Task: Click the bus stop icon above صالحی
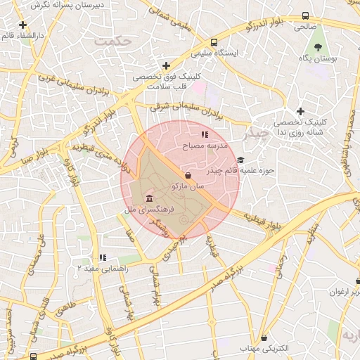coord(304,15)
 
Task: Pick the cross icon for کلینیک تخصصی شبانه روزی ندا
coord(300,111)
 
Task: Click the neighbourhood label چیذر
coord(254,131)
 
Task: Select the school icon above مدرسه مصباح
coord(205,134)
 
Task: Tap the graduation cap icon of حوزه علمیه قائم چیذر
coord(241,160)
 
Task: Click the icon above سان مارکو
coord(188,175)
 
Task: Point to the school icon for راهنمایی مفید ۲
coord(103,257)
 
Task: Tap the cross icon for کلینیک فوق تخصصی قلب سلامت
coord(166,65)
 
